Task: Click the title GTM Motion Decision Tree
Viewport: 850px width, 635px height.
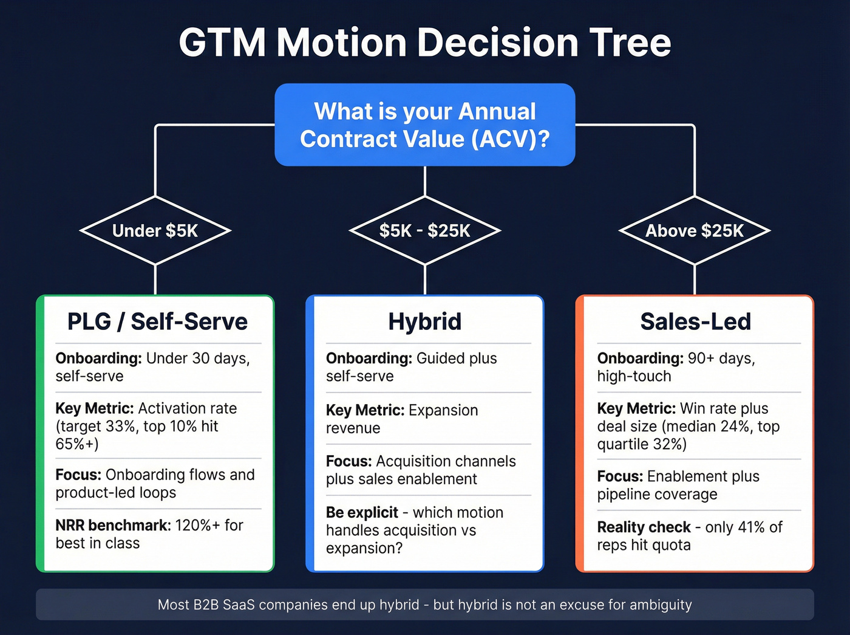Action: (425, 43)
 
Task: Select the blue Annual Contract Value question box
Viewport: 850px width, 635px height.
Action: (425, 125)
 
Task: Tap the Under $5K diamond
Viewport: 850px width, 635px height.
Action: (155, 231)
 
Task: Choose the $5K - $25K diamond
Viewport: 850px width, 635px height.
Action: (425, 231)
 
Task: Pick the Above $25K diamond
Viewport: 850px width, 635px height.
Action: (695, 231)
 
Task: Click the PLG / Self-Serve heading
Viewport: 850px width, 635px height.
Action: (157, 321)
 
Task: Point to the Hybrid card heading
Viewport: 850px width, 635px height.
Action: (425, 321)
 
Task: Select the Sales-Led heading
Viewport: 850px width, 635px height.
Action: (695, 321)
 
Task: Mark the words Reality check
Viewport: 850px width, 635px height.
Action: (644, 527)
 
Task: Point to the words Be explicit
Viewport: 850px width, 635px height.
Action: (362, 512)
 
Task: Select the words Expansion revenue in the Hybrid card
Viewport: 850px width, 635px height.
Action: (401, 419)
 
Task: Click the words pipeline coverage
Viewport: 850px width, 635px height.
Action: (657, 495)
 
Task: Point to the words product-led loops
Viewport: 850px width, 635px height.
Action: (115, 493)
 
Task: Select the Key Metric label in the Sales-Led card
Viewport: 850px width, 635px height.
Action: (636, 408)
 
